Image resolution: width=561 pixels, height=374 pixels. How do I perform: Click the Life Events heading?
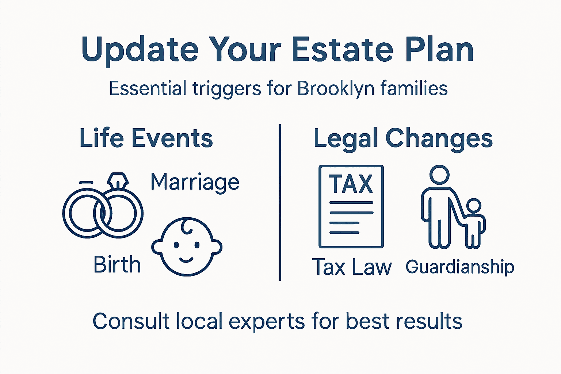tap(146, 138)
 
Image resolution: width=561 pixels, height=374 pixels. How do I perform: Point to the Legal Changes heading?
tap(403, 139)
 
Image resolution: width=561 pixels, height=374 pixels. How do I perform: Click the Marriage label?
tap(195, 182)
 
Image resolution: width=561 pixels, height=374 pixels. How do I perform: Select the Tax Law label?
tap(352, 267)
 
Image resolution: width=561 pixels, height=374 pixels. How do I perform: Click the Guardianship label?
tap(459, 267)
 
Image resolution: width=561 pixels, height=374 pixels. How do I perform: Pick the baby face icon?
tap(187, 247)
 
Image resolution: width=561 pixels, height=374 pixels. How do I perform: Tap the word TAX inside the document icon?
tap(351, 184)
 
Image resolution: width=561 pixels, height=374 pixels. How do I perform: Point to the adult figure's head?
tap(439, 175)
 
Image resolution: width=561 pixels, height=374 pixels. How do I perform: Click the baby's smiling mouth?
tap(186, 260)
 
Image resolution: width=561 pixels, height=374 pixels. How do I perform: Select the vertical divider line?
tap(280, 203)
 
